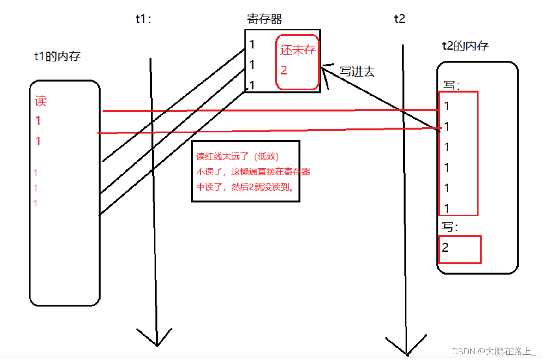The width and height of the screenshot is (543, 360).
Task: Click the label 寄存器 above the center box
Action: (x=264, y=19)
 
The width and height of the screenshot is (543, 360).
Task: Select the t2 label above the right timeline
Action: (x=399, y=19)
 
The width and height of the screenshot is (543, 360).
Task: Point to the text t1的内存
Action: (x=57, y=57)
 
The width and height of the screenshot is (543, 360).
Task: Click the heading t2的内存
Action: (x=465, y=45)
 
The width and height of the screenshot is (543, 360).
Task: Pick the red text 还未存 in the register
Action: (x=298, y=50)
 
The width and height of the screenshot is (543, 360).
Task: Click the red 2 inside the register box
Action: (x=284, y=71)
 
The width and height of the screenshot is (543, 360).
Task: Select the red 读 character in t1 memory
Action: (x=41, y=101)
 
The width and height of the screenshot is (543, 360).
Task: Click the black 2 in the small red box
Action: (x=445, y=248)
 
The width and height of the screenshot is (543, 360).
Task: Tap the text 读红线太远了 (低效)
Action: (x=238, y=156)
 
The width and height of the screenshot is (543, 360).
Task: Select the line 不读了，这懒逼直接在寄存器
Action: (x=253, y=172)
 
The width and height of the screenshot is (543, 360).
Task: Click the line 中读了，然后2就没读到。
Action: (x=246, y=187)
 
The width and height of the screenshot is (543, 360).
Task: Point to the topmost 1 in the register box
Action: (x=252, y=44)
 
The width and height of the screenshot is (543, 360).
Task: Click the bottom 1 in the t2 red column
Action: (x=447, y=209)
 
